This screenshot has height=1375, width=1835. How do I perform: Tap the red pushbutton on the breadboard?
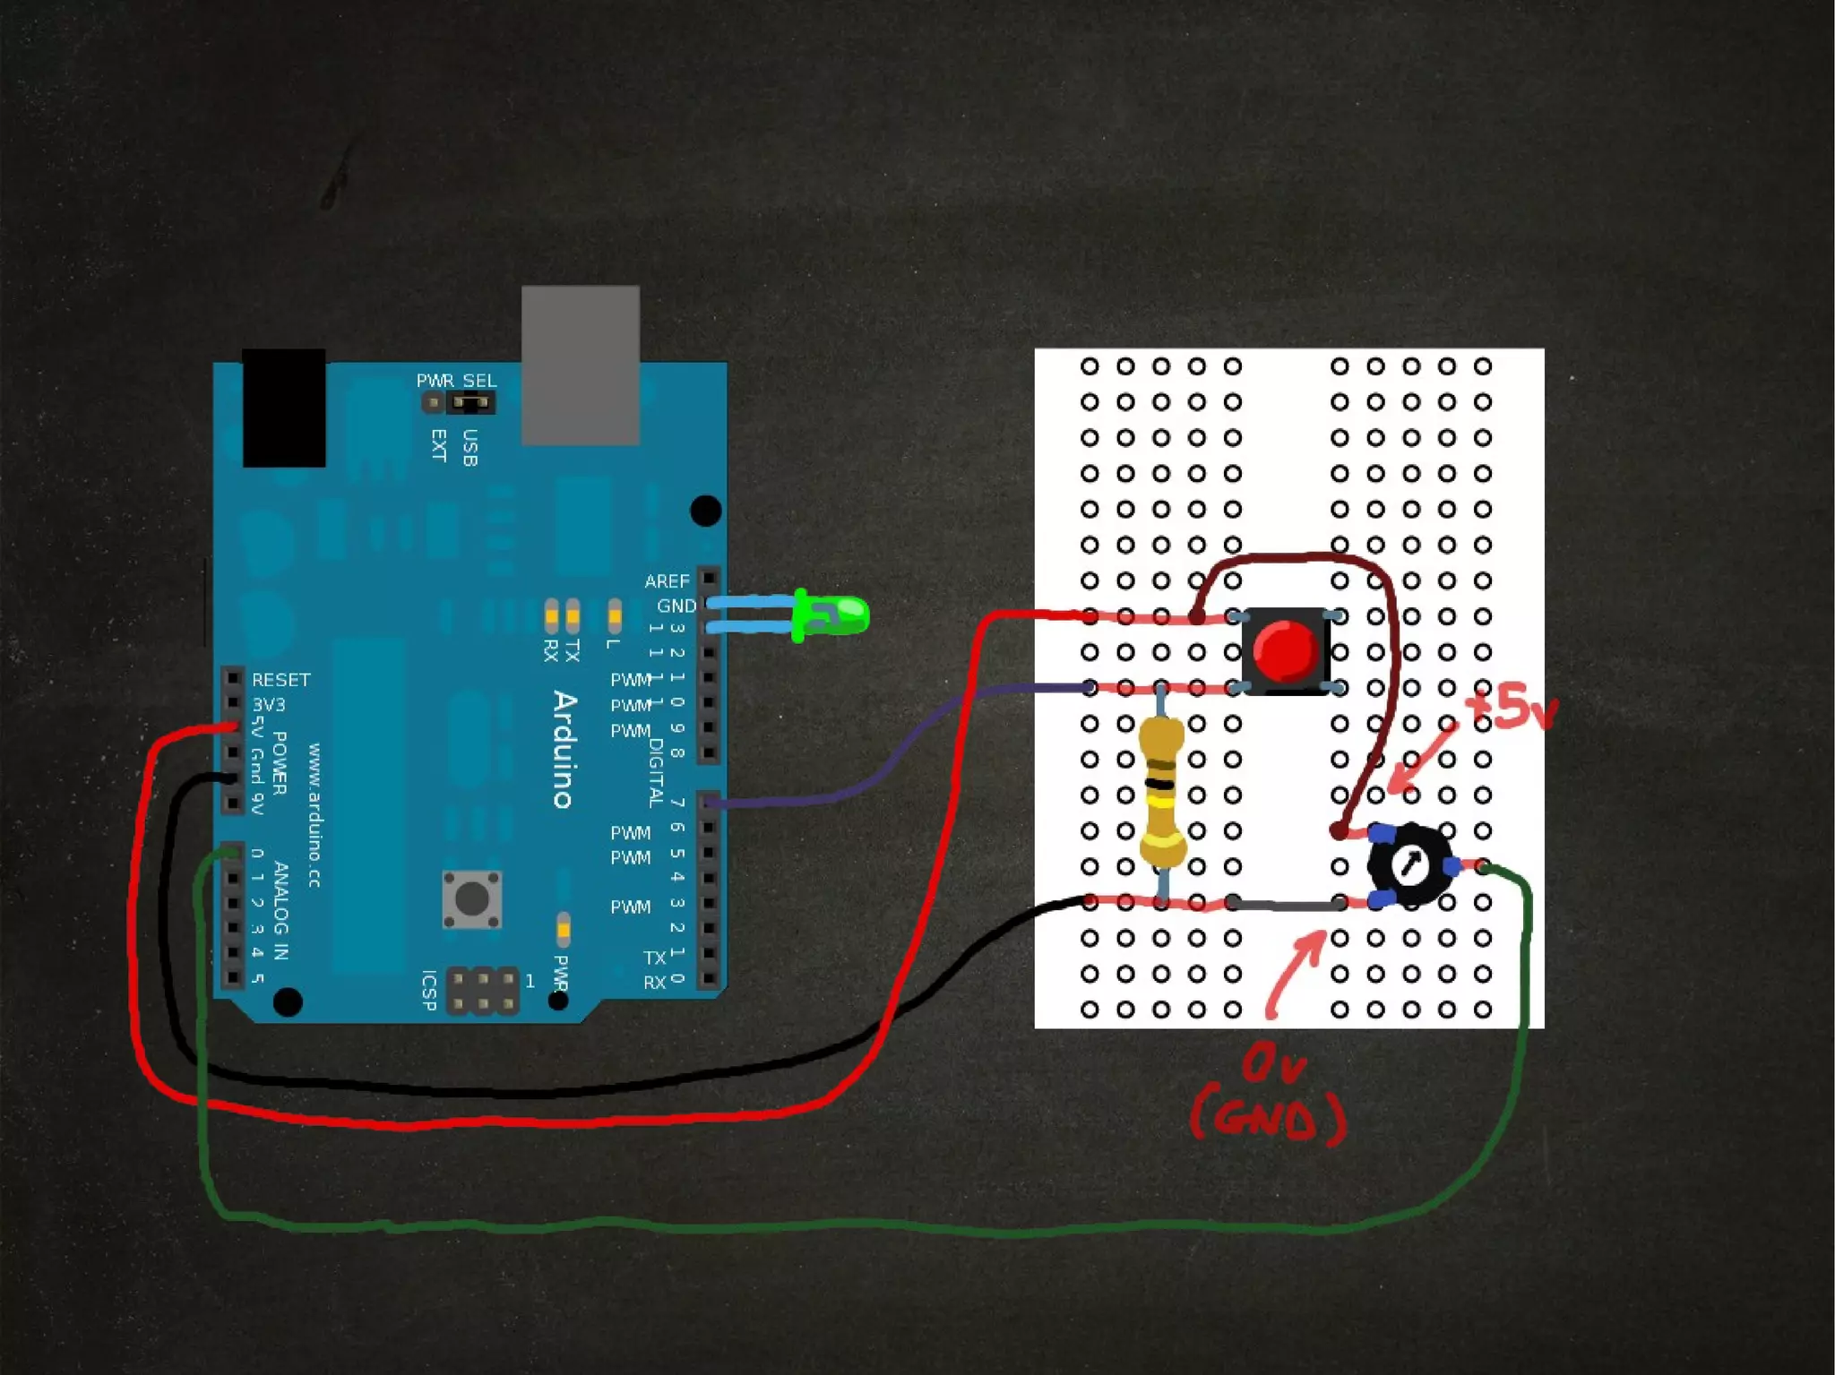(x=1285, y=651)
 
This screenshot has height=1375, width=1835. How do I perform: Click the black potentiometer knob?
(x=1409, y=864)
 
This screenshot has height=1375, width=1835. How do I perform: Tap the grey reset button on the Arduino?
(x=472, y=898)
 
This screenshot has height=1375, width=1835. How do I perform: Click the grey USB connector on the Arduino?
(x=581, y=365)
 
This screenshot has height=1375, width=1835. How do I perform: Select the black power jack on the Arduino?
(x=283, y=408)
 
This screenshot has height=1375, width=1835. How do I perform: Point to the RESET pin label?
(x=280, y=680)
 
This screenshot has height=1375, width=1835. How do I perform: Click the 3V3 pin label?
(x=268, y=705)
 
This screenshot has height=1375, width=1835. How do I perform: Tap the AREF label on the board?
(x=667, y=581)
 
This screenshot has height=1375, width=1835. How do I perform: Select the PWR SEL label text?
(x=456, y=381)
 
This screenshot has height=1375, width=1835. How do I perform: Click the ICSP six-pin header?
(x=483, y=990)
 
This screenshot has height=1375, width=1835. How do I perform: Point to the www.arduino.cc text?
(x=314, y=815)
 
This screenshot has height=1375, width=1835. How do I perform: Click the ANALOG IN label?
(x=280, y=910)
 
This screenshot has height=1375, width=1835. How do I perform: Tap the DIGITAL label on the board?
(x=656, y=772)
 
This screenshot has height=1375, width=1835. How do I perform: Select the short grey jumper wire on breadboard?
(x=1286, y=904)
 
